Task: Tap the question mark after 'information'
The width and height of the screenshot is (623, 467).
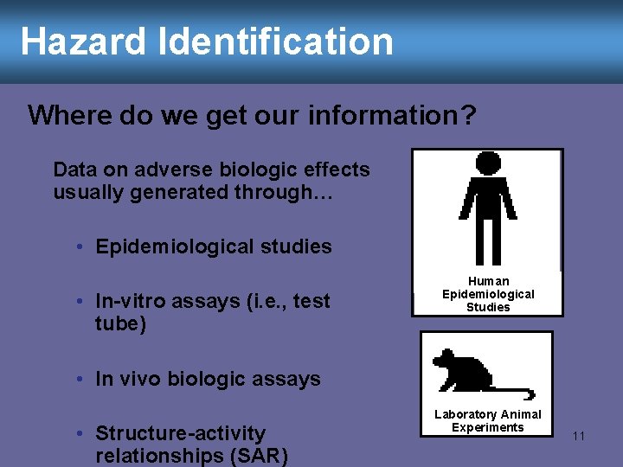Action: [467, 116]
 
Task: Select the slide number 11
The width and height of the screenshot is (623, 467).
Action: [578, 437]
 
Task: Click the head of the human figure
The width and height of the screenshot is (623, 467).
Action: [488, 163]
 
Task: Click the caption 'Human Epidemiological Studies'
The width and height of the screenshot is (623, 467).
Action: [488, 294]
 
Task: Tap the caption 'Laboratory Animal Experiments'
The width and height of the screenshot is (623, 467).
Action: [487, 421]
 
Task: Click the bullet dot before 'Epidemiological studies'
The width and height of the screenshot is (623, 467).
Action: [79, 247]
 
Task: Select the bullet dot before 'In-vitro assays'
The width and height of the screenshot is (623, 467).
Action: [79, 302]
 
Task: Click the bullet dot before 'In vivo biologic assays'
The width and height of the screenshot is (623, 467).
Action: [79, 380]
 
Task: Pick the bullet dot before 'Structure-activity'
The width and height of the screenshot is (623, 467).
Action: [79, 433]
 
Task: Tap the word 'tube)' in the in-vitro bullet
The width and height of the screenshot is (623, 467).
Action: [121, 323]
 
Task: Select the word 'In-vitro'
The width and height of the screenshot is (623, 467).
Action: [132, 301]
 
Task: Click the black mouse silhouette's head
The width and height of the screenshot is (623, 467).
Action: [445, 359]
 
